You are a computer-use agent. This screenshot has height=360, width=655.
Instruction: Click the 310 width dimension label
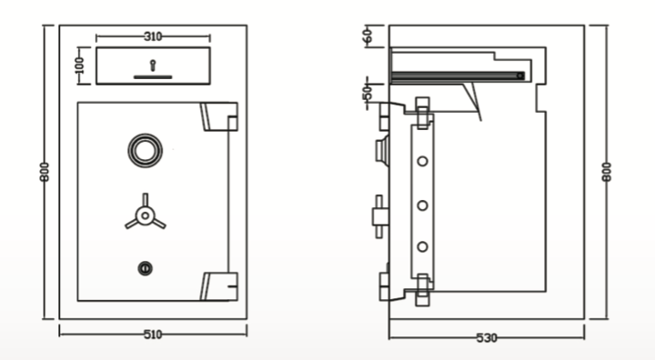click(153, 36)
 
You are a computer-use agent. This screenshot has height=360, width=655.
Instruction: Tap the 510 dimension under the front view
click(153, 335)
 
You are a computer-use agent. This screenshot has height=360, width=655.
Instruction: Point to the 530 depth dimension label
click(487, 338)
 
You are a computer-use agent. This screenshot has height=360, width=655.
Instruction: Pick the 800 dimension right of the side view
click(607, 173)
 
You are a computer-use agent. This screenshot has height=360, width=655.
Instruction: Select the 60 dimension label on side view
click(368, 36)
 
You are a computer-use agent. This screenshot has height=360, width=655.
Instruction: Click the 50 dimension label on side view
click(368, 94)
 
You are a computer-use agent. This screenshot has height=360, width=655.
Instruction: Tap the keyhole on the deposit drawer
click(153, 65)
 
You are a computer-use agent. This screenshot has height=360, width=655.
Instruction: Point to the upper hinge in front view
click(219, 118)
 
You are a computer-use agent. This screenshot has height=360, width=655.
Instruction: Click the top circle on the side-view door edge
click(422, 162)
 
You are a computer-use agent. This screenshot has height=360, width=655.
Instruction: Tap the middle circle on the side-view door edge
click(422, 205)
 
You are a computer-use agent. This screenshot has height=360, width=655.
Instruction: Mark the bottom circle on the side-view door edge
click(422, 246)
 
